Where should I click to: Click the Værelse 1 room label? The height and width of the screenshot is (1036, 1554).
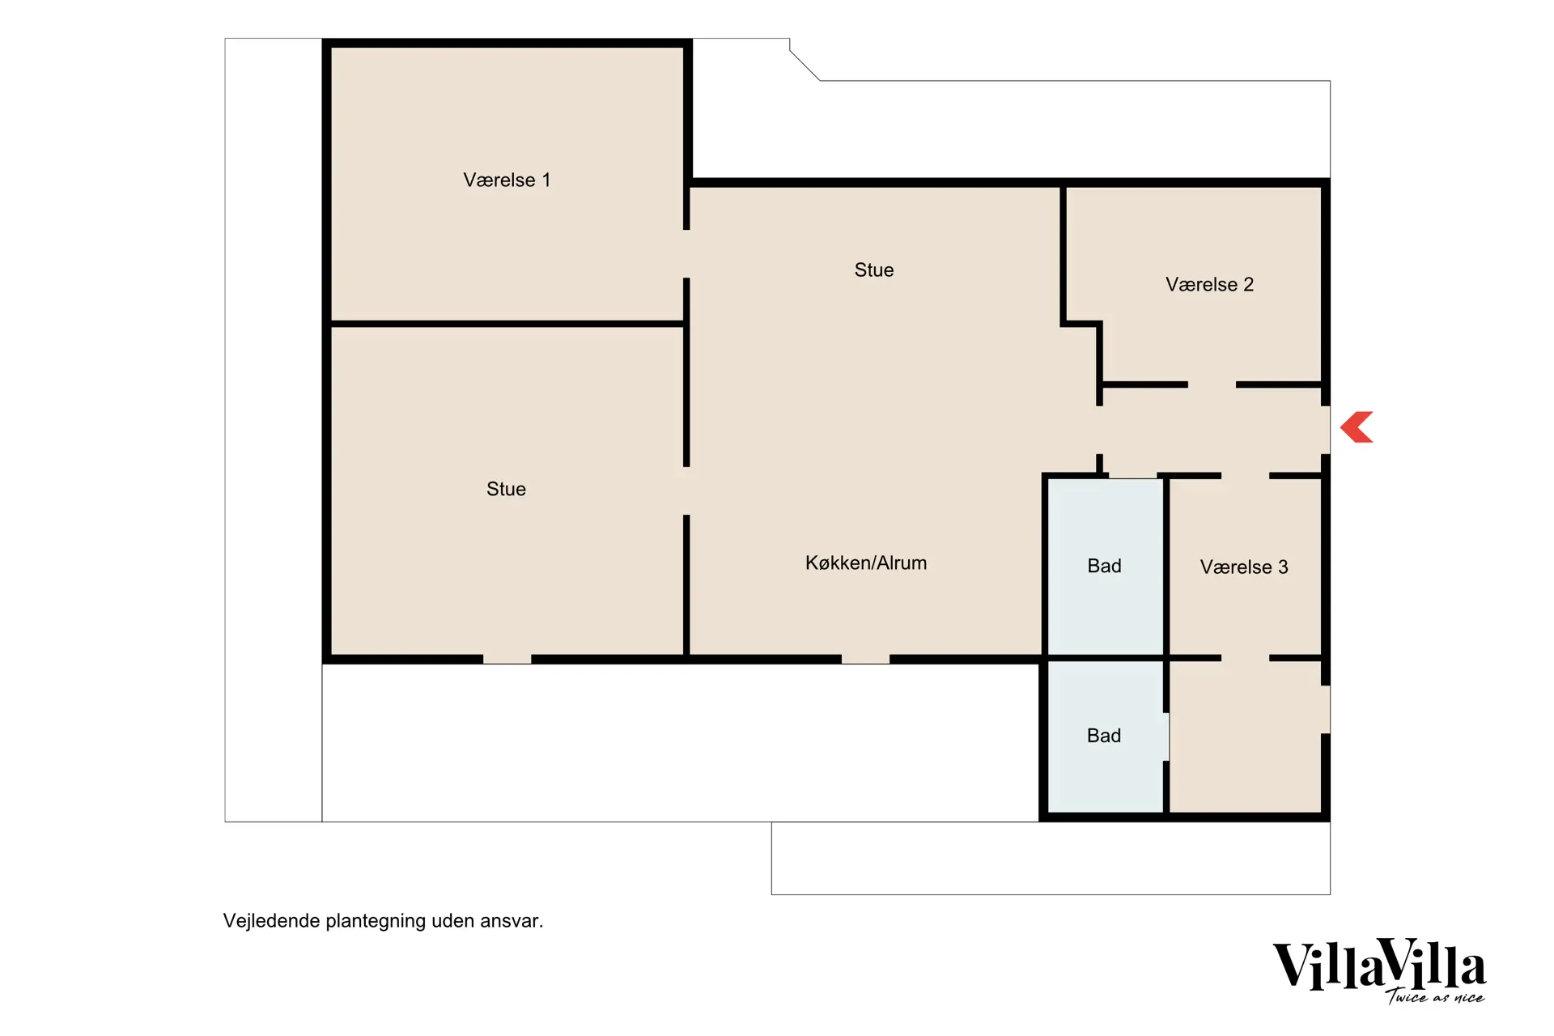tap(507, 180)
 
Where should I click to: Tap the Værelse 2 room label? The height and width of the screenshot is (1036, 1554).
tap(1209, 284)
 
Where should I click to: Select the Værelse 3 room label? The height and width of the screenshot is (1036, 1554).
tap(1244, 567)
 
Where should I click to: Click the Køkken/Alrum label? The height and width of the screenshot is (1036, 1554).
tap(866, 563)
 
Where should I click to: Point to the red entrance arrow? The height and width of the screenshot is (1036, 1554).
tap(1357, 427)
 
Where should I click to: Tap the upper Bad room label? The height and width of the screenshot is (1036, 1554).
tap(1104, 566)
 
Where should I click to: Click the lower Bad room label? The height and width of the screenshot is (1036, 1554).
tap(1104, 736)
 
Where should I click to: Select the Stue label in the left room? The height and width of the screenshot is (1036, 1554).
tap(506, 489)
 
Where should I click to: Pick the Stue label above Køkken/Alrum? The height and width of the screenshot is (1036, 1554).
tap(874, 270)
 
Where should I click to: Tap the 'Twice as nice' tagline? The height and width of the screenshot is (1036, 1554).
tap(1435, 997)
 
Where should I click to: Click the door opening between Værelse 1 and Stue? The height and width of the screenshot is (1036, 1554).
tap(686, 254)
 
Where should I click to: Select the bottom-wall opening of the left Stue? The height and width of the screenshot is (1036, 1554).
tap(507, 660)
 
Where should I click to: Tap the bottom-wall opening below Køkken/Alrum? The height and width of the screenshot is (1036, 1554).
tap(866, 660)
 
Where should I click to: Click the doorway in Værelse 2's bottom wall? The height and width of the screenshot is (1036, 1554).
tap(1212, 384)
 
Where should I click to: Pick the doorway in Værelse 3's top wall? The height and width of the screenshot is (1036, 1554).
tap(1246, 476)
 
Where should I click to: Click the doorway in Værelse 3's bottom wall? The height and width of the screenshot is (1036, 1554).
tap(1246, 658)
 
